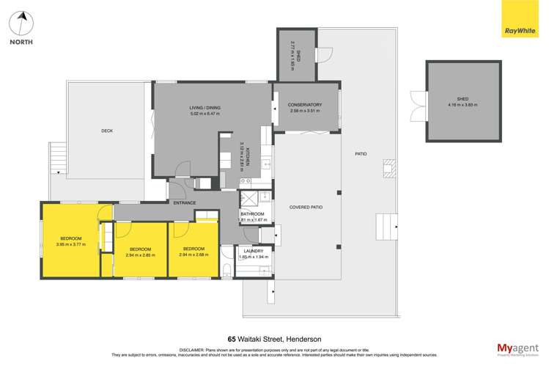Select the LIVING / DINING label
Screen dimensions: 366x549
click(205, 108)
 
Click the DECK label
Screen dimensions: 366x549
click(107, 131)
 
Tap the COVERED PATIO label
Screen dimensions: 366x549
click(306, 208)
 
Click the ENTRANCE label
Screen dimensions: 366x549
click(185, 202)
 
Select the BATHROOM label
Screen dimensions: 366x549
click(254, 214)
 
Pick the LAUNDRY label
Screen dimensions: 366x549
click(254, 251)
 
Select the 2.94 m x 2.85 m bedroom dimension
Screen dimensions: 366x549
click(141, 254)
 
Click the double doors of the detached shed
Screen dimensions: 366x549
click(418, 104)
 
